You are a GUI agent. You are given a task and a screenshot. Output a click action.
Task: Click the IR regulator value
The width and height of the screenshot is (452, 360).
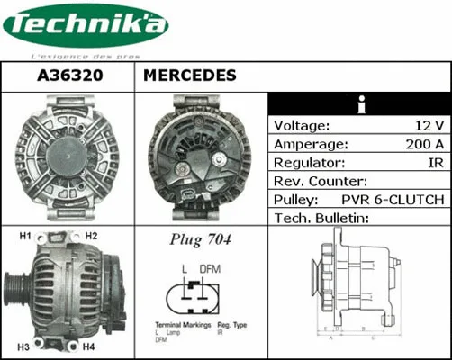click(x=435, y=163)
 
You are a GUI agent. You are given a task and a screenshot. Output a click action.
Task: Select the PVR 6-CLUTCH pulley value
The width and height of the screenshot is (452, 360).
click(x=393, y=200)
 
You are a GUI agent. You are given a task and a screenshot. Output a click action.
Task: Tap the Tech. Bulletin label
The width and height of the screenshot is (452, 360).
click(x=321, y=219)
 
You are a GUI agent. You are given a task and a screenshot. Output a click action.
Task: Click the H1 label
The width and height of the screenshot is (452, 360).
click(x=26, y=237)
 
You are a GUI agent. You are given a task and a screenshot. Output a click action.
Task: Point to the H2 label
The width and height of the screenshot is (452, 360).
click(x=92, y=237)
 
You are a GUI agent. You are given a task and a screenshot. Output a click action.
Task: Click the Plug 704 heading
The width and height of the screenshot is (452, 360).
click(x=200, y=240)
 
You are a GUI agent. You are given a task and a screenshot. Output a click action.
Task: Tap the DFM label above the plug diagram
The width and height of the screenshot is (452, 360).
click(x=210, y=269)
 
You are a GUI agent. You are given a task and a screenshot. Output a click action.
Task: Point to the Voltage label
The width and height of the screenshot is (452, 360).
click(x=302, y=125)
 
